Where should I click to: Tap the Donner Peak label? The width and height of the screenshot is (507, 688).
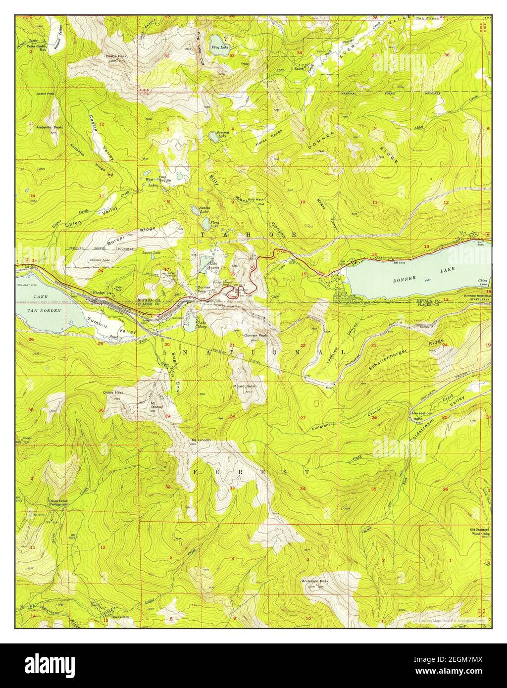(x=255, y=335)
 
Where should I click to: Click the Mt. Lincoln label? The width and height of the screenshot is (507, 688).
(x=201, y=440)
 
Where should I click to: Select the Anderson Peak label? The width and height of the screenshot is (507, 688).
(x=315, y=581)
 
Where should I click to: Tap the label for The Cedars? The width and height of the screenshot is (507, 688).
(x=119, y=617)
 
